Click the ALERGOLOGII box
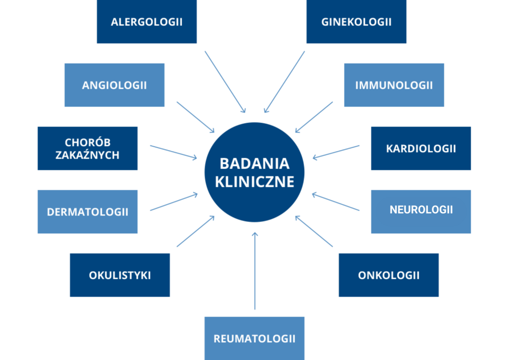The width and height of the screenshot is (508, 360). point(147,21)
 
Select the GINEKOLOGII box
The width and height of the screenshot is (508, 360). point(356,21)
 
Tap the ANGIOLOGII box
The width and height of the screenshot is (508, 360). point(114,85)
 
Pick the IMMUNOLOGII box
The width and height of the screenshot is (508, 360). point(394,85)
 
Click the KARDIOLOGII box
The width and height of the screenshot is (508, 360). point(421,148)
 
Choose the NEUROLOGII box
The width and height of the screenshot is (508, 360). point(421,212)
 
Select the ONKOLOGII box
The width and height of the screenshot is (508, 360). point(389,275)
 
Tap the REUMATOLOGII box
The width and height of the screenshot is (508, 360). point(254,338)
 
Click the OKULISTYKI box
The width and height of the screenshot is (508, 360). point(120,275)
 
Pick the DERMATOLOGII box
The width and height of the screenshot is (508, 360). point(87,212)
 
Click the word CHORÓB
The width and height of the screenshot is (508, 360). point(87,142)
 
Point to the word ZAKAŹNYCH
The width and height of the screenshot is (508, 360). point(87,155)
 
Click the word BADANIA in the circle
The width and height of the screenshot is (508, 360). point(254,163)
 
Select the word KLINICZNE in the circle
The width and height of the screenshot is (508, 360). point(254,182)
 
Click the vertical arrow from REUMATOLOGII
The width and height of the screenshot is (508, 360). point(255,270)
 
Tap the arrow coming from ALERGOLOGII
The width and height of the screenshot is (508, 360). point(225,82)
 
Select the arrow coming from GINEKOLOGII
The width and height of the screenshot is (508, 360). point(284,82)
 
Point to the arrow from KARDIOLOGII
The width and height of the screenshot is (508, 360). point(336,152)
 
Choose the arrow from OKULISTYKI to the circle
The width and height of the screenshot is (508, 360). point(195,231)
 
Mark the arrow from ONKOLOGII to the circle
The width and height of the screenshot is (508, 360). point(314,231)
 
